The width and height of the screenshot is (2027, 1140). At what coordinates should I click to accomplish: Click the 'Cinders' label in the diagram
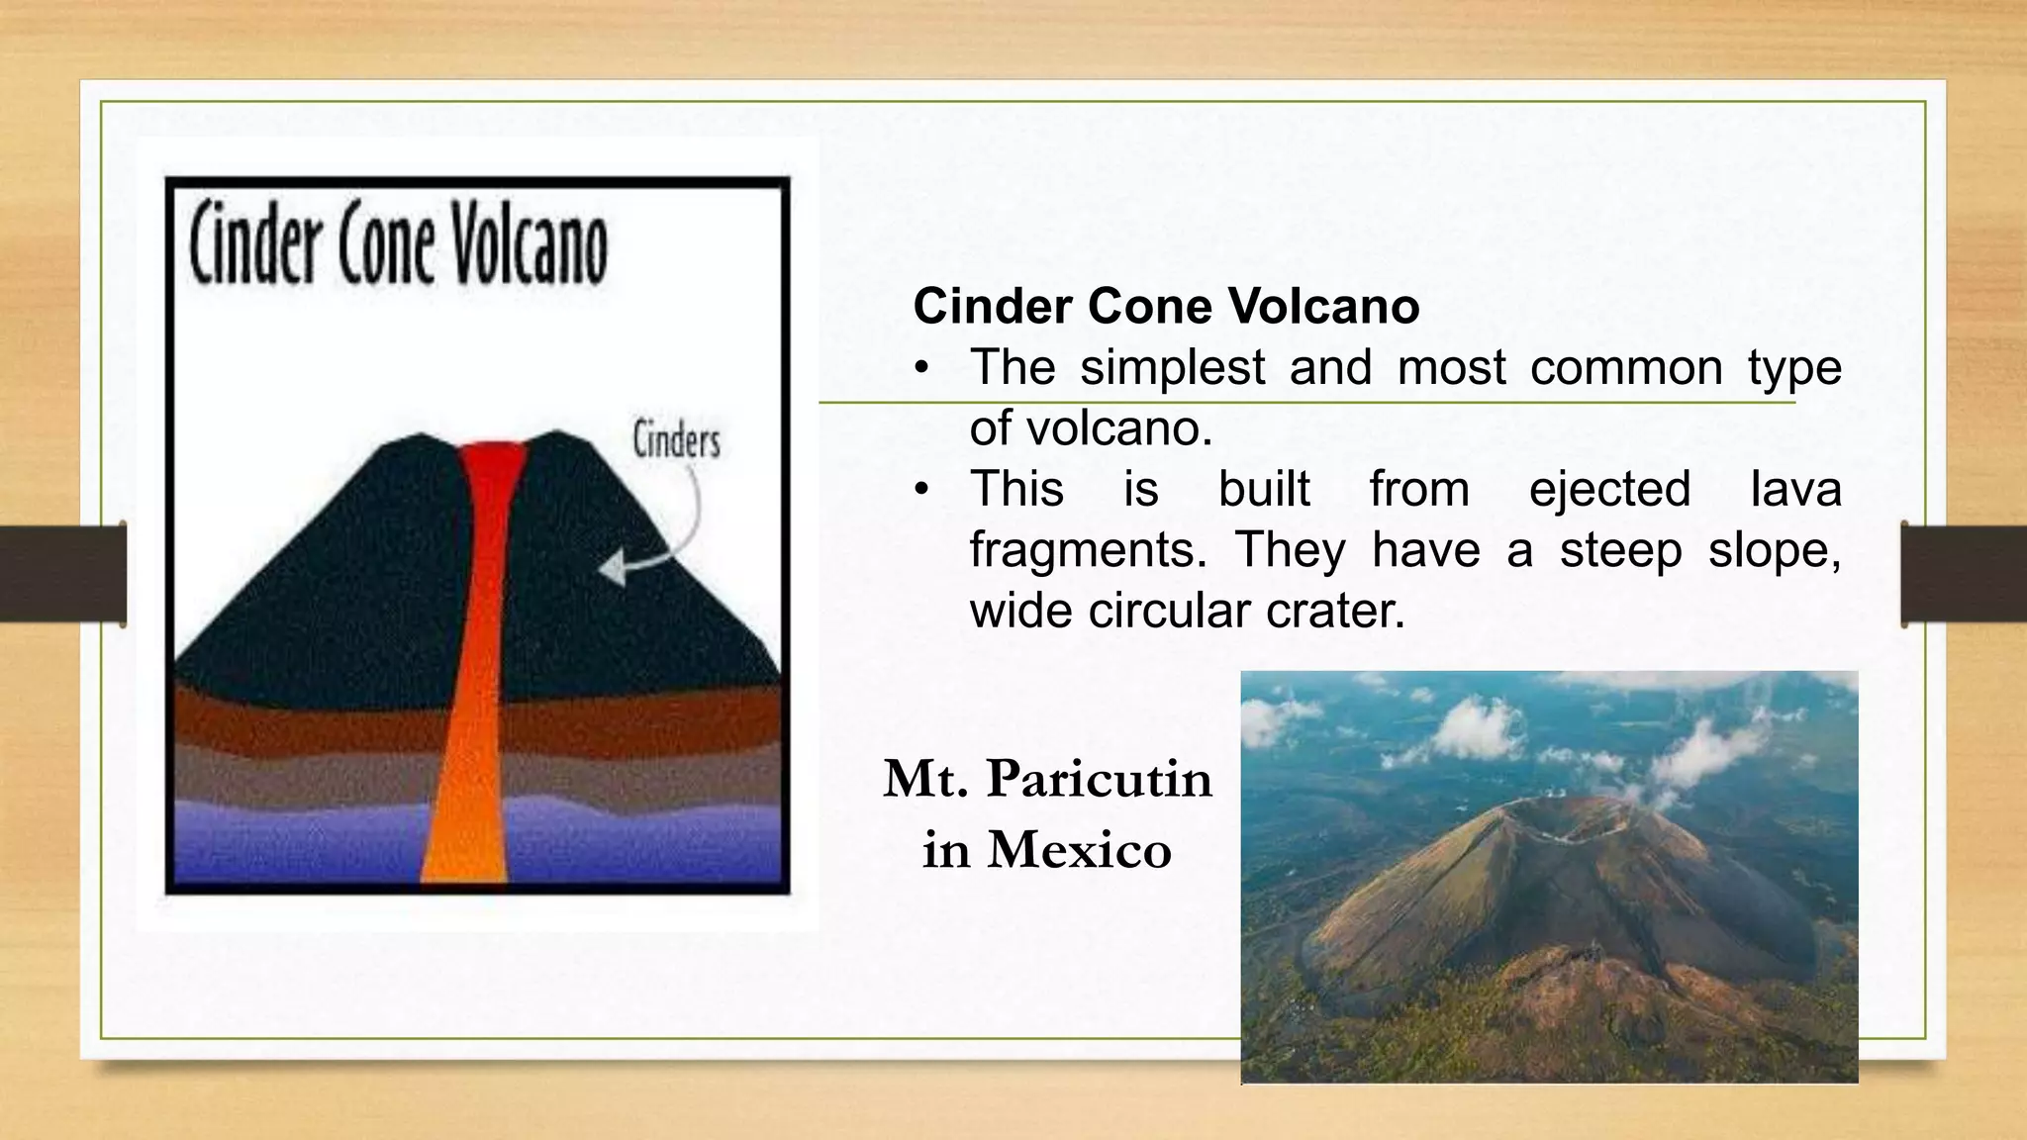pos(676,440)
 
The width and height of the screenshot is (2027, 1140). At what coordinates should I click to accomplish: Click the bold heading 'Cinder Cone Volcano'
pos(1166,306)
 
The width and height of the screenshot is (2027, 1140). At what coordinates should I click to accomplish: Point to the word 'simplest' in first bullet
pos(1172,368)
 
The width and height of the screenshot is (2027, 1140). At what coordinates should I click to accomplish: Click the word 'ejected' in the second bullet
pos(1609,490)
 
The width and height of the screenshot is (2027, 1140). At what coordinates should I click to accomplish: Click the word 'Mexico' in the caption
pos(1079,850)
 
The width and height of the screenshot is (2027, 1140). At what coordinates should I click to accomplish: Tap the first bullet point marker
pos(922,369)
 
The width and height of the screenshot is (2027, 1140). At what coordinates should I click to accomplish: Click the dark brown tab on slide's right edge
pos(1964,574)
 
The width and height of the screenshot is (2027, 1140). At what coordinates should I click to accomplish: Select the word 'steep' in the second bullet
pos(1620,550)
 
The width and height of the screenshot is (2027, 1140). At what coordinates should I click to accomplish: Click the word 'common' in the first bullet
pos(1626,368)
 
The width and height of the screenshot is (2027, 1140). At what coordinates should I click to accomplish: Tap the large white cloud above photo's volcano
pos(1480,727)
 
